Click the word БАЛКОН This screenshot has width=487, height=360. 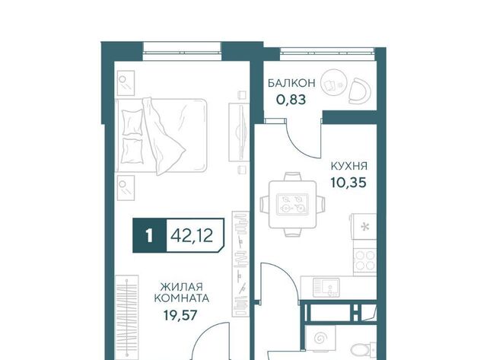coord(291,83)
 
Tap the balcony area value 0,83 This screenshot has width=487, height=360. coord(291,100)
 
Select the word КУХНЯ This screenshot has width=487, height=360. coord(349,166)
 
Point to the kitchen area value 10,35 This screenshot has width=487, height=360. coord(349,183)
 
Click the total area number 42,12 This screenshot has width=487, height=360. coord(192,236)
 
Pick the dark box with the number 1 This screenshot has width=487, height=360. coord(150,236)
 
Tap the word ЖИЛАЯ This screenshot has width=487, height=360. coord(181,286)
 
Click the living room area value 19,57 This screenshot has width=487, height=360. coord(180,315)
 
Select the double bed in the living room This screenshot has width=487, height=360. coord(161,135)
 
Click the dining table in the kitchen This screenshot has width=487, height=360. coord(292,205)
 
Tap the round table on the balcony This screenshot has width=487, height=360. coord(333,83)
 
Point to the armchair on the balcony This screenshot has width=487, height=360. coord(360,91)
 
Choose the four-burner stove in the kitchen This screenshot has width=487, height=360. coord(365,260)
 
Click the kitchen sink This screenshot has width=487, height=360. coord(326,287)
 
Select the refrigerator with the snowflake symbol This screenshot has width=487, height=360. coord(364,227)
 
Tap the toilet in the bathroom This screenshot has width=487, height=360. coord(364,349)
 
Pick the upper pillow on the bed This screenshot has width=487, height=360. coord(132,122)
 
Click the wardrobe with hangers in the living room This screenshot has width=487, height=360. coord(127,317)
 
